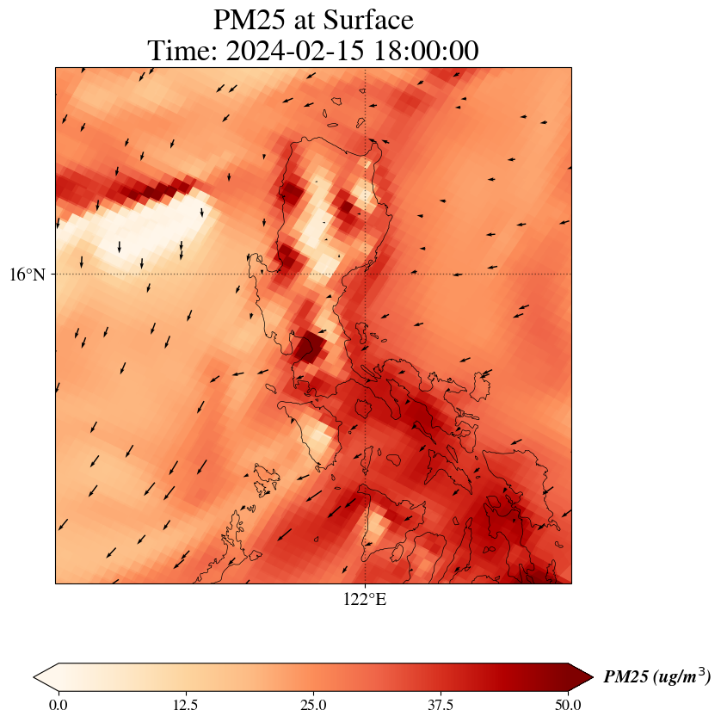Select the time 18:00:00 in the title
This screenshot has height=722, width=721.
tap(424, 51)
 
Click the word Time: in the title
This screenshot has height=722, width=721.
tap(182, 51)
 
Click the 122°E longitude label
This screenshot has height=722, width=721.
tap(365, 600)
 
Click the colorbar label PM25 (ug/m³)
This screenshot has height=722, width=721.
tap(656, 677)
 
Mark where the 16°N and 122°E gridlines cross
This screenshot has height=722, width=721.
tap(366, 275)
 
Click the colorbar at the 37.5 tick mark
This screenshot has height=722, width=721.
tap(441, 677)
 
